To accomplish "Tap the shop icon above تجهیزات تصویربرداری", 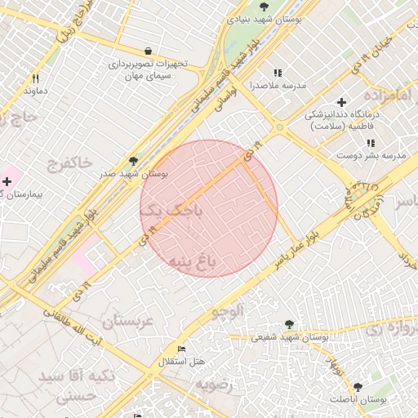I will [147, 50].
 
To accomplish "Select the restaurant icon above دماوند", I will [35, 79].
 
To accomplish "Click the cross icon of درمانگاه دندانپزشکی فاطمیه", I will [341, 102].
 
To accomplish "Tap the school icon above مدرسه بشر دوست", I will [370, 143].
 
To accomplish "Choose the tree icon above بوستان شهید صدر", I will [133, 161].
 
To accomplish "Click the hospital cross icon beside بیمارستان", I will [7, 180].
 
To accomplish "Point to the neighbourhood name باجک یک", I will [170, 211].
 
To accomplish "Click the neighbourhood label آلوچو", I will [228, 310].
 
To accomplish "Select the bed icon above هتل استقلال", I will [181, 349].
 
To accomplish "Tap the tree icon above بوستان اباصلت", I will [358, 386].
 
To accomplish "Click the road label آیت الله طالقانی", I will [73, 327].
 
